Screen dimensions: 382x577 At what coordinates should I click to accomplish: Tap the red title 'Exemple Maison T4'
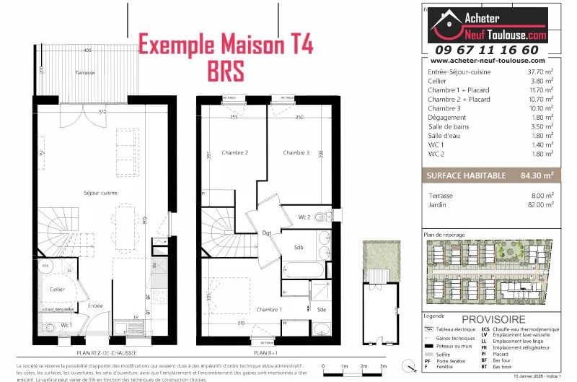pyautogui.click(x=226, y=45)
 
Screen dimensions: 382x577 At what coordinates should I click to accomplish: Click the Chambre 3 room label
pyautogui.click(x=296, y=153)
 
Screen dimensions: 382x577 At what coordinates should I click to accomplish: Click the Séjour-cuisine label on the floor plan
pyautogui.click(x=79, y=194)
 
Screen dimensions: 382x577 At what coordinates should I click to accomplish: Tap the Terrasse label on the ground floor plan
pyautogui.click(x=86, y=74)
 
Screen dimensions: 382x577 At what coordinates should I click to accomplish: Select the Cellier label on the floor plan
pyautogui.click(x=58, y=289)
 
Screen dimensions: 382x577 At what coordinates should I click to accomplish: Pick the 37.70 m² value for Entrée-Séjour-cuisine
pyautogui.click(x=539, y=72)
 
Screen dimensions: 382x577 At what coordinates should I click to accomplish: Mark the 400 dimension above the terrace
pyautogui.click(x=87, y=51)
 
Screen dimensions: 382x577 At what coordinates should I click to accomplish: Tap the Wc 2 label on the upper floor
pyautogui.click(x=304, y=216)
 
